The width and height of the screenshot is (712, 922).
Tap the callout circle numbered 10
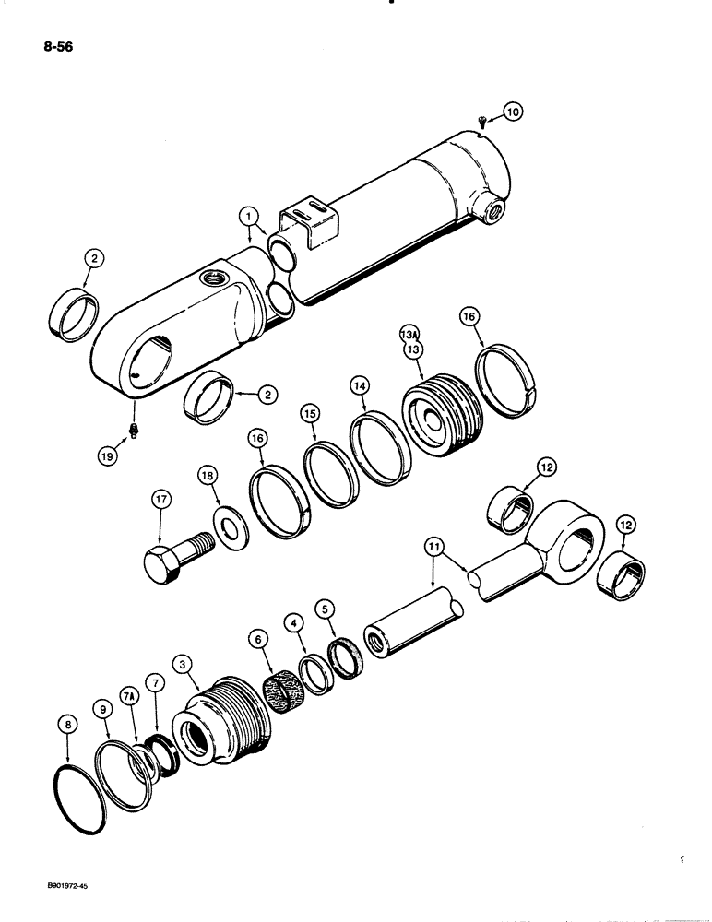tap(512, 112)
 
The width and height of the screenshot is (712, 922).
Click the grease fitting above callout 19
tap(135, 429)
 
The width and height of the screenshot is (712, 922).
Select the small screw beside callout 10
tap(482, 119)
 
